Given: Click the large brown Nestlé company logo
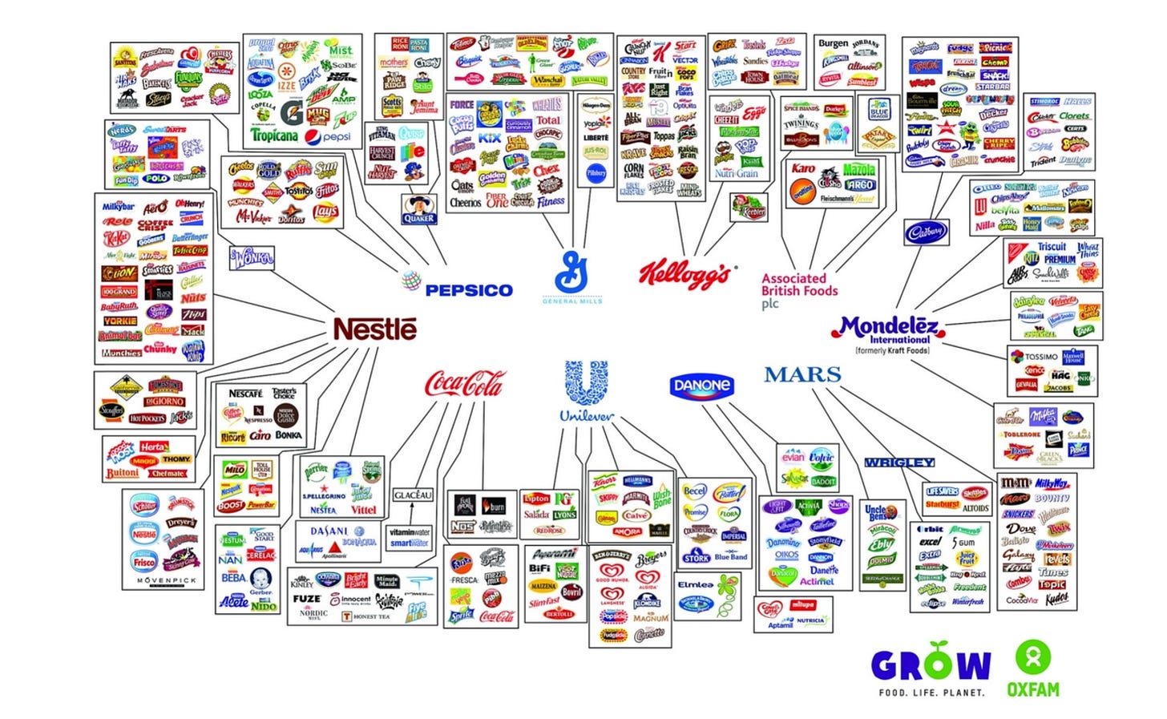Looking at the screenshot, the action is [x=374, y=329].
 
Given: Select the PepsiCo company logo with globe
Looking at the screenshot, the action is [x=457, y=287].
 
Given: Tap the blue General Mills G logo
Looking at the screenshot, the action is [x=571, y=273].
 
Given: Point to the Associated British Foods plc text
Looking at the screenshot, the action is [x=798, y=290].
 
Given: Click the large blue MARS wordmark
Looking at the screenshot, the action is [x=802, y=374].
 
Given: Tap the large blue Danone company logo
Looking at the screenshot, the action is [x=702, y=386].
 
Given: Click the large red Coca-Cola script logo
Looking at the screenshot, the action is [x=465, y=384].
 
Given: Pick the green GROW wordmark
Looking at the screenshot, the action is [x=931, y=664].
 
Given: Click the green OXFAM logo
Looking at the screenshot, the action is [x=1032, y=669].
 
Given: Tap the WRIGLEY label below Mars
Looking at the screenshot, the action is [x=898, y=463].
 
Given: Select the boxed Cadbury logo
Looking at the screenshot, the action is [x=926, y=232].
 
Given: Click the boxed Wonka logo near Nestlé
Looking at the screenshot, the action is [x=252, y=258].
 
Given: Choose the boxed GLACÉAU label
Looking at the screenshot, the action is [x=413, y=495].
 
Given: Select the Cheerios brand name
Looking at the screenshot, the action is [x=466, y=203].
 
